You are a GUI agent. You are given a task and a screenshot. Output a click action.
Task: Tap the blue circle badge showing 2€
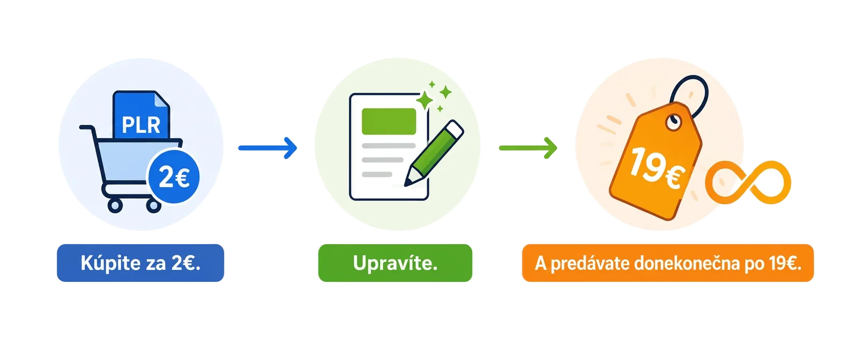point(174,177)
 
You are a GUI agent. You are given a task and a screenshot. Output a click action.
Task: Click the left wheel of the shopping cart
point(115,205)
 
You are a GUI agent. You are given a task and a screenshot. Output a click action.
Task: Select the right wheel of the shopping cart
point(153,205)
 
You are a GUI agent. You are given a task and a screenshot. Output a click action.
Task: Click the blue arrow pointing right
point(267,148)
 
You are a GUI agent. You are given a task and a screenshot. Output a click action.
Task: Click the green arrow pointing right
point(528,148)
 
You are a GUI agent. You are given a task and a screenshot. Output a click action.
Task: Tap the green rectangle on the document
point(389,121)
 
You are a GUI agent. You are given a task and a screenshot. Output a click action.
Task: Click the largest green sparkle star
point(425,100)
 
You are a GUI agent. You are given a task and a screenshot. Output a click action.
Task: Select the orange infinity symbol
point(748,182)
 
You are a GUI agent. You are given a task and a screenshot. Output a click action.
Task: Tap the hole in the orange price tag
point(674,124)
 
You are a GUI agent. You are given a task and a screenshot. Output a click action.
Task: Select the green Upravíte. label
point(396,263)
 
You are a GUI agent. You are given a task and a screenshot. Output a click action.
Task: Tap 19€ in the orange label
point(785,263)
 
